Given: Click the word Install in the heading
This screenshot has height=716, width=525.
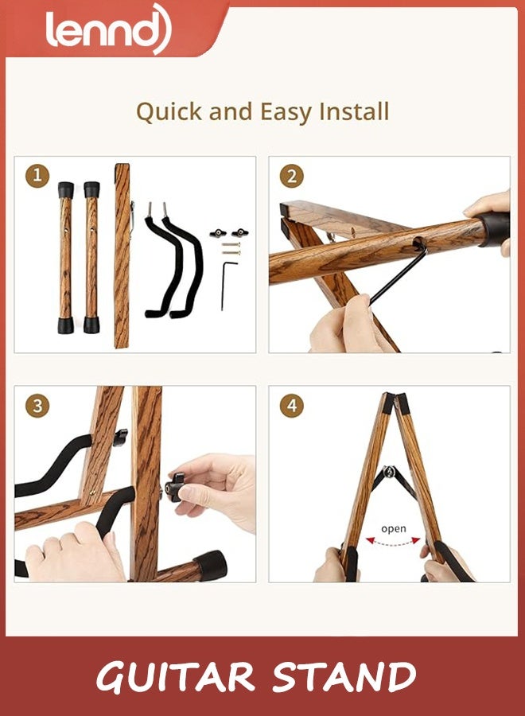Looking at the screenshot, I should click(x=354, y=111).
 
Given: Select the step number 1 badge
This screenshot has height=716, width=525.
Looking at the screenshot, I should click(x=37, y=176).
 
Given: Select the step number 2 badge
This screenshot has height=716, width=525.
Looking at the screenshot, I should click(x=291, y=176).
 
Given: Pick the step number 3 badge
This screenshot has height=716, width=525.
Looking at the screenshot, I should click(x=37, y=406).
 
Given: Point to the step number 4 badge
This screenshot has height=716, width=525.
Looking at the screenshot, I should click(x=291, y=406).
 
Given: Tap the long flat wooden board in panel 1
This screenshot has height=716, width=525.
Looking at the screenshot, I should click(x=122, y=255).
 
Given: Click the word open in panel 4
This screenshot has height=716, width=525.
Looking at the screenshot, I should click(x=394, y=528).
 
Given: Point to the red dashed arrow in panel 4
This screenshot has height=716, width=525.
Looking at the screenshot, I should click(x=394, y=542).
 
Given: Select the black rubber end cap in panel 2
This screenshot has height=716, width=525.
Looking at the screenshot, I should click(x=493, y=228).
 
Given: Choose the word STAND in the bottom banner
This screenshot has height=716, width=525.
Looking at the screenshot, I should click(x=344, y=677).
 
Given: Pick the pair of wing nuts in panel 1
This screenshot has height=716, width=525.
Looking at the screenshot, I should click(x=228, y=233).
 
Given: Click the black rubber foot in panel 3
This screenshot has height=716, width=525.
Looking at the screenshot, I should click(x=211, y=565).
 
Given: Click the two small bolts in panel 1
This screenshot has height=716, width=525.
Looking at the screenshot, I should click(x=230, y=249).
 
